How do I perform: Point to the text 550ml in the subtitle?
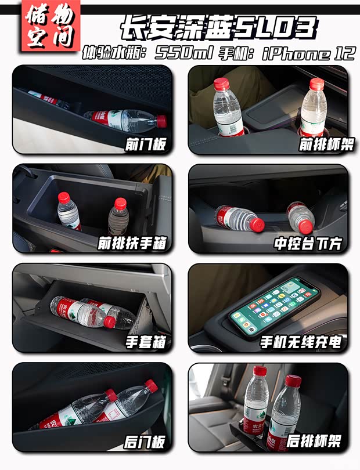pos(185,54)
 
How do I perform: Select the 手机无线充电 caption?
pos(300,342)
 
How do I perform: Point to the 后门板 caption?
pos(145,442)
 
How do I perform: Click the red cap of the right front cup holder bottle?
pos(316,84)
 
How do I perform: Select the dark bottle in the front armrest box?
pos(118,218)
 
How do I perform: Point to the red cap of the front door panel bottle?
pos(161,121)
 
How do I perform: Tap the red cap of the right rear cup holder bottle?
pos(294,381)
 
